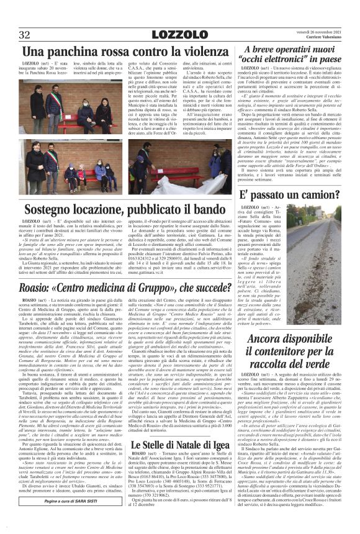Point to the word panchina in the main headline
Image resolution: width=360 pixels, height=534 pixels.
79,52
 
